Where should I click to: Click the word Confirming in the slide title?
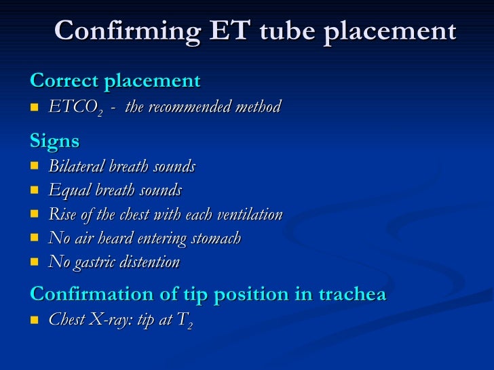pyautogui.click(x=127, y=32)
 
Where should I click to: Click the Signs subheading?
pyautogui.click(x=54, y=142)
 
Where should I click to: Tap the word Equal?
pyautogui.click(x=66, y=191)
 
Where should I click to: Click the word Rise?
pyautogui.click(x=62, y=215)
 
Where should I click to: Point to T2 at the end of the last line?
pyautogui.click(x=187, y=321)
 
